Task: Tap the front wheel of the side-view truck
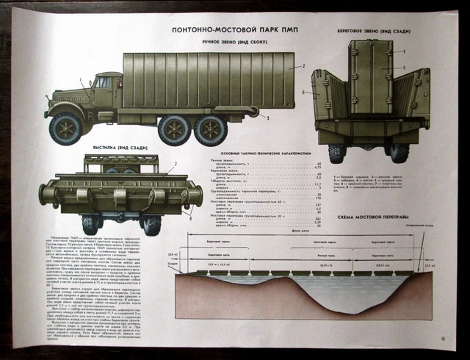click(65, 129)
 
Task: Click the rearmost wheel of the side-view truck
click(210, 130)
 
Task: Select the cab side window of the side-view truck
click(103, 82)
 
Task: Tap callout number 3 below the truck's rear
click(268, 118)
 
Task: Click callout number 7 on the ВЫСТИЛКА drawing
click(176, 163)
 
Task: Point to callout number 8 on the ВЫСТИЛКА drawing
click(189, 217)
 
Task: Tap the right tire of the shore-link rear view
click(399, 152)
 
